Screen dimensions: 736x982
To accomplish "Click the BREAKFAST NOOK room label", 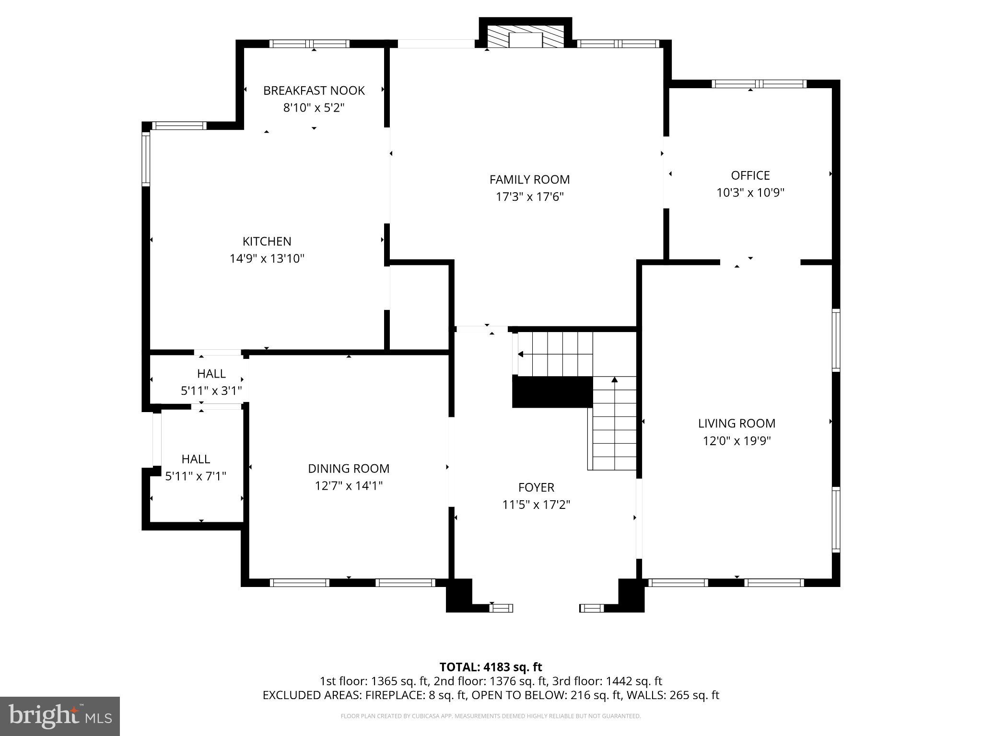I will tap(314, 91).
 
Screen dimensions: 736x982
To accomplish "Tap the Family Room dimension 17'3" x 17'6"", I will tap(529, 197).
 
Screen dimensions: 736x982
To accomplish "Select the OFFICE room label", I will tap(750, 175).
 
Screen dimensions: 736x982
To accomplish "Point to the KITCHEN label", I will tap(267, 241).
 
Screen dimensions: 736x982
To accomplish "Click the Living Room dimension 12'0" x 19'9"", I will tap(736, 441).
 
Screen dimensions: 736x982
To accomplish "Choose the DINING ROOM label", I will tap(349, 469).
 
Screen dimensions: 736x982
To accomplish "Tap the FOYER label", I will tap(536, 487).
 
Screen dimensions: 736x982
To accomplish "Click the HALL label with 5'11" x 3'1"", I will tap(211, 374).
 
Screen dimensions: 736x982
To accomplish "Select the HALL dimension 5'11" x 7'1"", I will tap(196, 476).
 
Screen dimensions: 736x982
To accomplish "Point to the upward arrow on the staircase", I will tap(615, 381).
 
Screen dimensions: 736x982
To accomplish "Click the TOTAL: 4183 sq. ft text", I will tap(491, 667).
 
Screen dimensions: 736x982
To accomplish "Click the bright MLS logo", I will tap(60, 716).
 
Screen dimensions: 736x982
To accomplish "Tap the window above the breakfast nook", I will tap(309, 44).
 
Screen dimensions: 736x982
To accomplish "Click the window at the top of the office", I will tap(759, 84).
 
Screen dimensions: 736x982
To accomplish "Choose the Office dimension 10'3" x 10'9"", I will tap(750, 193).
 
